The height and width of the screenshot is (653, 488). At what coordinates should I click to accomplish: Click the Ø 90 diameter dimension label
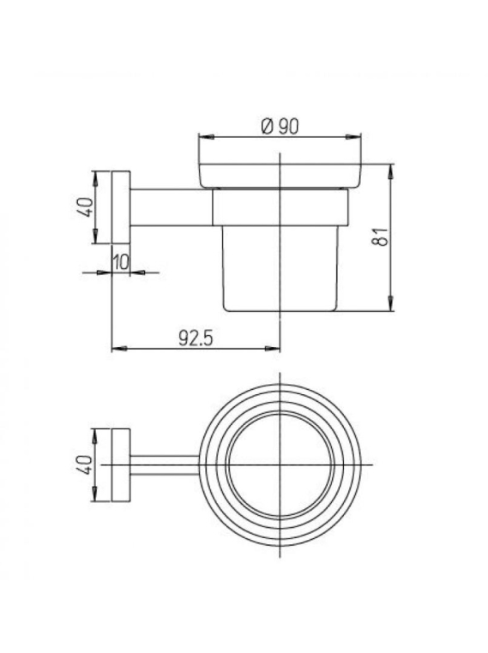pos(280,126)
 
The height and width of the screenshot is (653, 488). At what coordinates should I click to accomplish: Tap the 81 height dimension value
pos(381,237)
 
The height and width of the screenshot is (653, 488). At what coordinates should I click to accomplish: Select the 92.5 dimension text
pos(196,338)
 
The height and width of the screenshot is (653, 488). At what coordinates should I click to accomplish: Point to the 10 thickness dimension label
pos(121,263)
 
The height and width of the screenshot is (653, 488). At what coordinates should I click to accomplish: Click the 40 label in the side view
pos(86,207)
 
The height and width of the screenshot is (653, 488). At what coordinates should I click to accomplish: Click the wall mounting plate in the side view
pos(121,207)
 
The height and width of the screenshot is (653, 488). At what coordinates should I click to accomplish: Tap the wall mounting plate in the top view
pos(121,464)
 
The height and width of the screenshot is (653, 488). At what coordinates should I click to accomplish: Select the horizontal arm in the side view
pos(172,207)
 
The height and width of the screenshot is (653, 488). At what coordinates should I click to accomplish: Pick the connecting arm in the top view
pos(165,464)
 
